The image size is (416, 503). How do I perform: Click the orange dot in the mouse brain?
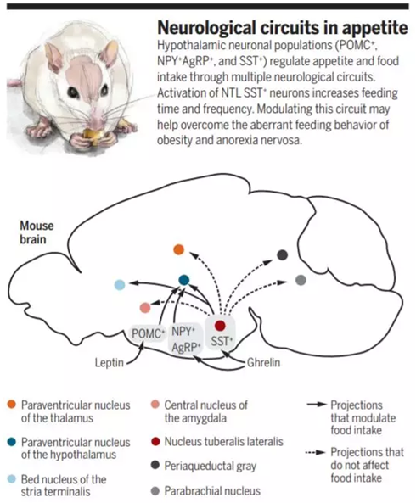point(178,249)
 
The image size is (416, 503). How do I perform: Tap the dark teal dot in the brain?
point(184,280)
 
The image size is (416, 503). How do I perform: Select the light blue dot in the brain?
point(120,284)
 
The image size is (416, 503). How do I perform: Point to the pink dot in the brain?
point(145,308)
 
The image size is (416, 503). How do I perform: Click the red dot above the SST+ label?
point(220,326)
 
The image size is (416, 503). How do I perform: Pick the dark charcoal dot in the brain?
point(282,255)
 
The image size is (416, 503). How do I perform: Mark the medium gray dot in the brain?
point(301,280)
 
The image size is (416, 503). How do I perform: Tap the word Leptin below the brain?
point(110,363)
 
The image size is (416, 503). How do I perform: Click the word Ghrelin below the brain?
point(263,363)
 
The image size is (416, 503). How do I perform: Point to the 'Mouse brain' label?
point(37,232)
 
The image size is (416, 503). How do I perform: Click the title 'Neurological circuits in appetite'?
point(283,28)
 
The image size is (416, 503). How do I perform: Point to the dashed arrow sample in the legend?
point(316,453)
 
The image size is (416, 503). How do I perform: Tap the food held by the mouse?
point(93,136)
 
